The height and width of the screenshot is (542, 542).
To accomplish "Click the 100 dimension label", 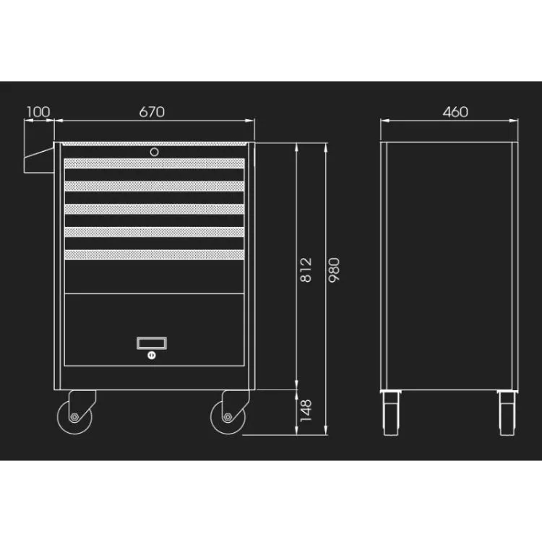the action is tap(38, 111).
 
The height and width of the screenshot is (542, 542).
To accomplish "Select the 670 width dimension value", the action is tap(152, 111).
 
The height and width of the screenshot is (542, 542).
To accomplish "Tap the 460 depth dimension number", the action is tap(455, 111).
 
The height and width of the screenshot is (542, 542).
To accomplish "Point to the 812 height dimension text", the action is tap(306, 270).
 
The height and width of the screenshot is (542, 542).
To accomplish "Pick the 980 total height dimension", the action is tap(335, 270).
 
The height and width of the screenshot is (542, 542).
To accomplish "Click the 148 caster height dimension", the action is tap(306, 410).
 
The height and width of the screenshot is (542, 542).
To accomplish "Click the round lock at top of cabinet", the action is tap(155, 152).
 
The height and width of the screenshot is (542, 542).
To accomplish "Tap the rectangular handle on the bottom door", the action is tap(152, 343).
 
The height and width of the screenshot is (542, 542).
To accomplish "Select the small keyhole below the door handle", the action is tap(152, 355).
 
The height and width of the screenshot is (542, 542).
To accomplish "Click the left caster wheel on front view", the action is tap(74, 417).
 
